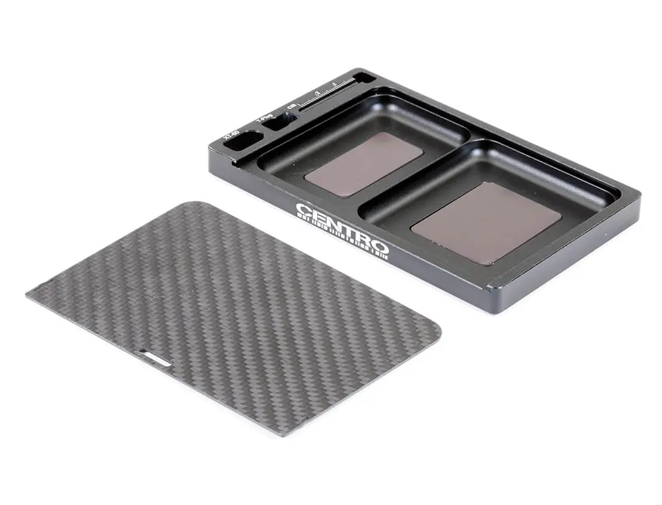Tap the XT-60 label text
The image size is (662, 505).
point(231,134)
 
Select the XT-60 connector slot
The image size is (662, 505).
point(245,140)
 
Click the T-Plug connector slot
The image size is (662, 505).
point(276,122)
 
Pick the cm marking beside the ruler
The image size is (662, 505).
point(291,107)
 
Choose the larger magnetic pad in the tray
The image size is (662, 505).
point(485,222)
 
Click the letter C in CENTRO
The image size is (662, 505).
point(303,210)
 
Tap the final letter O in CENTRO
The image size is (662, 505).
point(381,246)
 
